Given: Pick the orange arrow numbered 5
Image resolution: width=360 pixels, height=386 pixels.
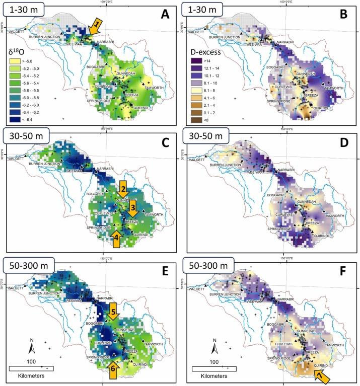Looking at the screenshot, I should tap(114, 314).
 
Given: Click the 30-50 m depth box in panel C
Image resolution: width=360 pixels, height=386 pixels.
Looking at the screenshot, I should tap(26, 136).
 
